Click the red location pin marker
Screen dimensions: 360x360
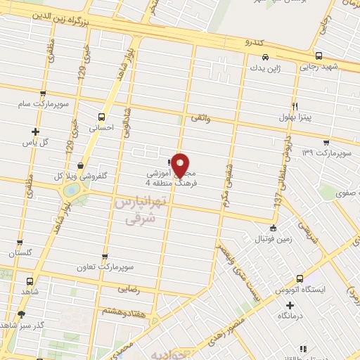coord(181,164)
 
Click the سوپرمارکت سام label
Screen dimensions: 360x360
coord(44,104)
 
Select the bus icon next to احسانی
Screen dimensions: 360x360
coord(103,117)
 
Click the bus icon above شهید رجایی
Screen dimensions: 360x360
coord(319,56)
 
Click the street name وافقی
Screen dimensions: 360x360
coord(200,120)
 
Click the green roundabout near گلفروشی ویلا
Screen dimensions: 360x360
coord(71,191)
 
